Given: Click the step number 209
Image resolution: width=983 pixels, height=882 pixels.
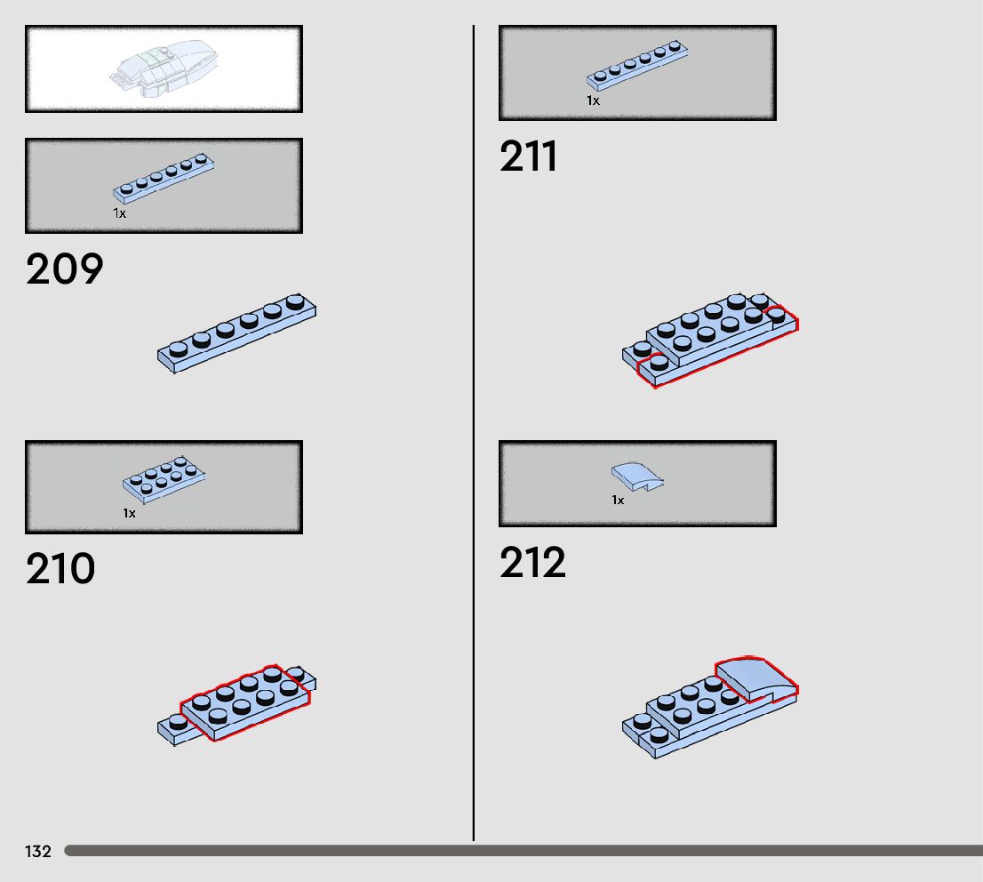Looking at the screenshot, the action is pyautogui.click(x=64, y=269).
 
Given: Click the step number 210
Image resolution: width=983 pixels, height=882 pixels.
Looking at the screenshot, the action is pyautogui.click(x=60, y=570).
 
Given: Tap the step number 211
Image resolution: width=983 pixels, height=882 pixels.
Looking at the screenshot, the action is pyautogui.click(x=529, y=157).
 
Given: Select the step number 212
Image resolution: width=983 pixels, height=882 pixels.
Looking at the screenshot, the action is pyautogui.click(x=532, y=563).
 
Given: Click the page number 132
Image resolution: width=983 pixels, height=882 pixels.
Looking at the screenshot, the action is pyautogui.click(x=38, y=852).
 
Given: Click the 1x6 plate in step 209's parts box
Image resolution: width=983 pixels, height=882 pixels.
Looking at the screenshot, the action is pyautogui.click(x=164, y=178).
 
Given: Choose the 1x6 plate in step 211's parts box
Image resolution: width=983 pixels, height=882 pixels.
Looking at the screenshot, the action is pyautogui.click(x=637, y=67).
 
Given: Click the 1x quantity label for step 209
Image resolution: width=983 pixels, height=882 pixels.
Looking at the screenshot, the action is pyautogui.click(x=119, y=213).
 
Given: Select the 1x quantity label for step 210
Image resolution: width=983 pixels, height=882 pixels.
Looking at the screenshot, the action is pyautogui.click(x=130, y=513).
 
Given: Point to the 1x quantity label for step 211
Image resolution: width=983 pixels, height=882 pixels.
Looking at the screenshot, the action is pyautogui.click(x=593, y=100).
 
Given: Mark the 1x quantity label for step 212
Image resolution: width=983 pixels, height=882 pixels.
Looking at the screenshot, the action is pyautogui.click(x=618, y=501).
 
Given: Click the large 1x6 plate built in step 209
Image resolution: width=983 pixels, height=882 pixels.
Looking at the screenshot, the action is pyautogui.click(x=237, y=333).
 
